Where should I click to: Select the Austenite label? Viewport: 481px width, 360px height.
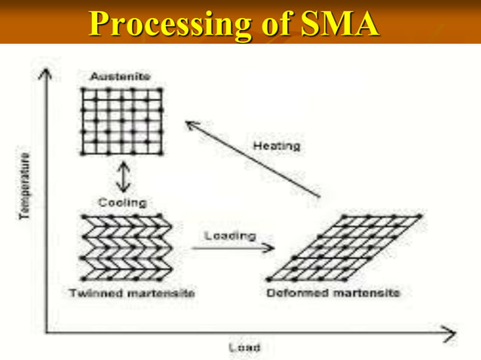[x=121, y=76]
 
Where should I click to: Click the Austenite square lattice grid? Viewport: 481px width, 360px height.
[x=121, y=121]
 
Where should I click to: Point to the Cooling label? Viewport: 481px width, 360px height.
[x=122, y=203]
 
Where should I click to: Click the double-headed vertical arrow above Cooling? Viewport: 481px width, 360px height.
[x=122, y=178]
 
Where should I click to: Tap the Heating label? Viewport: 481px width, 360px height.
[x=276, y=145]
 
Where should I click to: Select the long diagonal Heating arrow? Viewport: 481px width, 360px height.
[x=252, y=159]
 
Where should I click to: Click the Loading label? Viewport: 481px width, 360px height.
[x=230, y=236]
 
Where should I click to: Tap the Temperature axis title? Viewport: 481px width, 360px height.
[x=26, y=185]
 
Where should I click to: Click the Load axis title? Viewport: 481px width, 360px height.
[x=244, y=347]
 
